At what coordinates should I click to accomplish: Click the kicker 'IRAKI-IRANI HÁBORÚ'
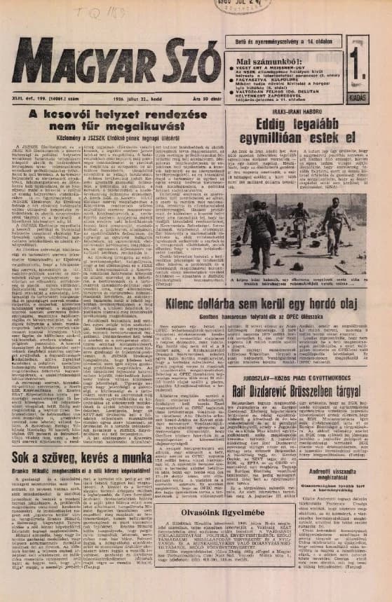coord(290,112)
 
